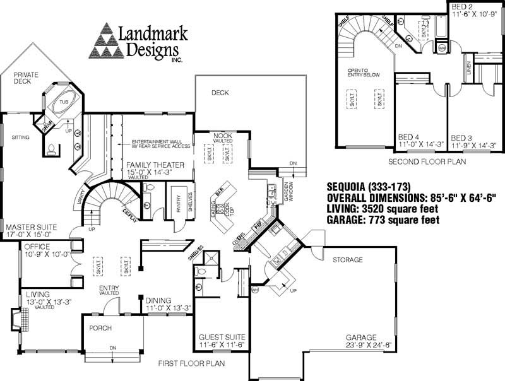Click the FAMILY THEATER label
[155, 165]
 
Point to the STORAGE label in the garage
[348, 259]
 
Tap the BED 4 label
[408, 137]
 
